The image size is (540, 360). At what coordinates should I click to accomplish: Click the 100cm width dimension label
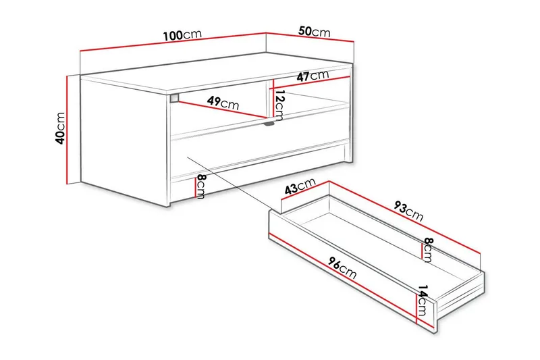182,35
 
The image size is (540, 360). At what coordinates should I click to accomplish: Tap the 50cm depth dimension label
315,32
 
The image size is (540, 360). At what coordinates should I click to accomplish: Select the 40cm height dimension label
60,128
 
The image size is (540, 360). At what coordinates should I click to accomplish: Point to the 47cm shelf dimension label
314,76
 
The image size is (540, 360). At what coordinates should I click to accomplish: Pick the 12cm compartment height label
280,104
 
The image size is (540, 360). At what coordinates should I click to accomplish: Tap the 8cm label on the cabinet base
201,184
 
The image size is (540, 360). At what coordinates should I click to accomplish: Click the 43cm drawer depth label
300,187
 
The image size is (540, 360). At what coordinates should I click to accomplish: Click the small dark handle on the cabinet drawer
269,124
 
